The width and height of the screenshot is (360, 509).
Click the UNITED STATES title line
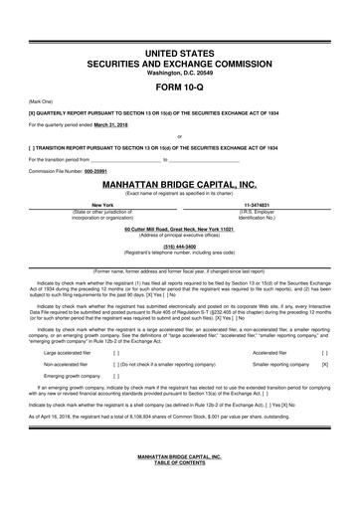[x=180, y=50]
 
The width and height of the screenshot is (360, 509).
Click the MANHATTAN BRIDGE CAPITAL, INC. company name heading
[x=180, y=184]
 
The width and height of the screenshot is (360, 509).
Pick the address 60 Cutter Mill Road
[x=180, y=229]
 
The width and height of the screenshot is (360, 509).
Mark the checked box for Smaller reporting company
[x=325, y=365]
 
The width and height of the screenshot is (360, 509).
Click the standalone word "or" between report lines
[x=180, y=135]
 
